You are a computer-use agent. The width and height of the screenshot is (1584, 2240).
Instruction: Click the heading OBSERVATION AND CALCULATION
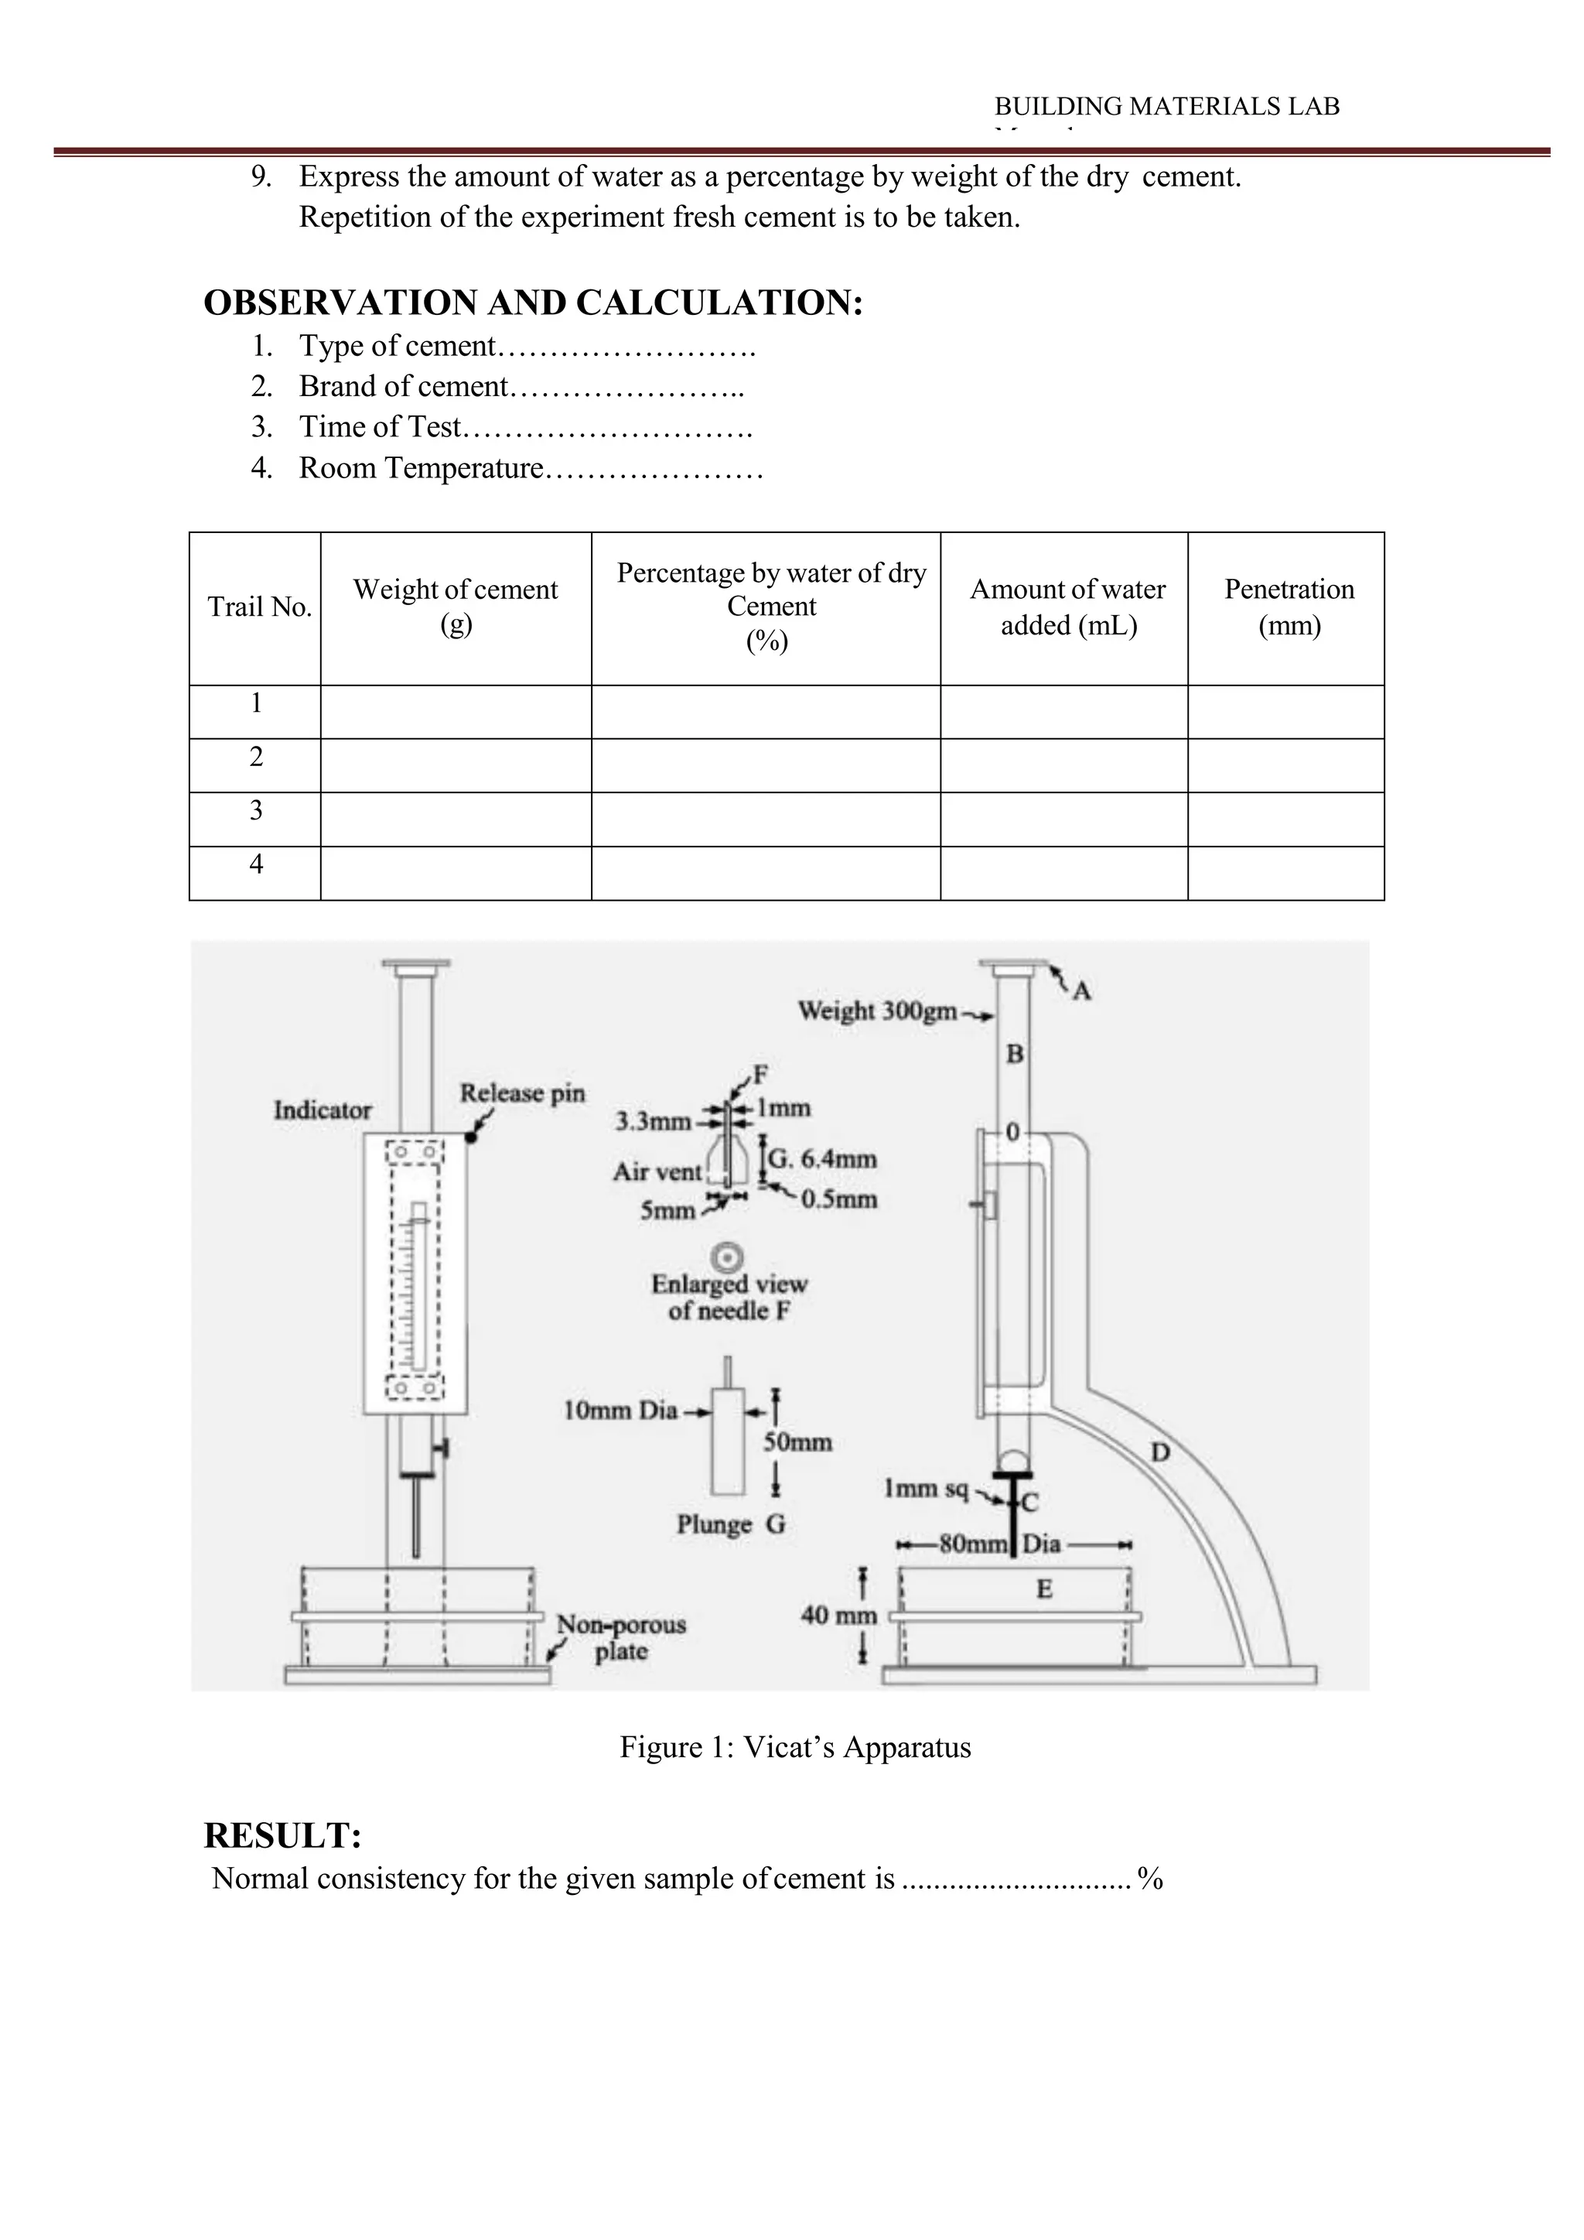(x=533, y=303)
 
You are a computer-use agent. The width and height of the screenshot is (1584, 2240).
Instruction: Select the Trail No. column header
(x=259, y=608)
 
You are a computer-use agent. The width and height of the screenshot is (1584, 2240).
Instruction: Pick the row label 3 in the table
(x=255, y=811)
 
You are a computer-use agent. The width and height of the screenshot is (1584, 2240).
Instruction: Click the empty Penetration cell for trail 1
(x=1285, y=712)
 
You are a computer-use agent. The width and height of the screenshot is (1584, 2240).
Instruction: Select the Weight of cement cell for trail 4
(x=456, y=873)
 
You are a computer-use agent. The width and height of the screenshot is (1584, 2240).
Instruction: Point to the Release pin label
(x=523, y=1093)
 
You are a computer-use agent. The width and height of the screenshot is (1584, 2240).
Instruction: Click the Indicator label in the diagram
(x=322, y=1110)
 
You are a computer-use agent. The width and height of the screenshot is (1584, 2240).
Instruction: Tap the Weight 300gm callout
(x=877, y=1011)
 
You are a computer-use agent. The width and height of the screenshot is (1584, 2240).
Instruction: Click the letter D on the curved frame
(x=1159, y=1452)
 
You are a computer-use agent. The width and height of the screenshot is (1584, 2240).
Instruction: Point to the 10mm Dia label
(x=620, y=1410)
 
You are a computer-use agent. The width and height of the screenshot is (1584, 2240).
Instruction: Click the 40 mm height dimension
(x=839, y=1616)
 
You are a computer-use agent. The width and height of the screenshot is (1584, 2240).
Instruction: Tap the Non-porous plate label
(x=620, y=1638)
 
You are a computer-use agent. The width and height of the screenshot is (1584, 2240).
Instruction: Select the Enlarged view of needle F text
(x=729, y=1298)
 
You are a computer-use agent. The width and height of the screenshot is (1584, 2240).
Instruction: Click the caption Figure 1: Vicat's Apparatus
(x=795, y=1747)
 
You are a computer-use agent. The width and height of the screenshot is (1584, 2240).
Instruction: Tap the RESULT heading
(x=283, y=1836)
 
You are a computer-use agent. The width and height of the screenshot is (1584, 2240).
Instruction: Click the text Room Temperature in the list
(x=421, y=468)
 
